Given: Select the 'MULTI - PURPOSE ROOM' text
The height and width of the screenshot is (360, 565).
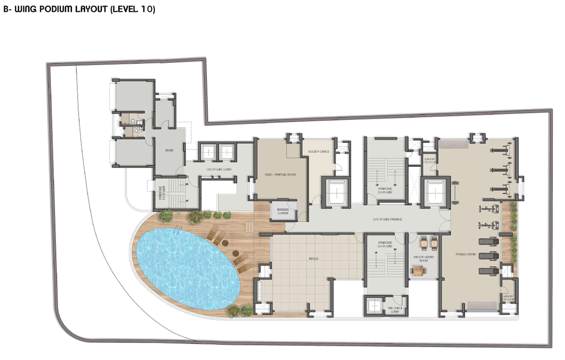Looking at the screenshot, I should tap(280, 175).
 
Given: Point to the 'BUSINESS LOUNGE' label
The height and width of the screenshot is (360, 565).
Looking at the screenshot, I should tap(283, 212).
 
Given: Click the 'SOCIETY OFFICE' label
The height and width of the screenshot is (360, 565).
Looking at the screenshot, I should tap(318, 152).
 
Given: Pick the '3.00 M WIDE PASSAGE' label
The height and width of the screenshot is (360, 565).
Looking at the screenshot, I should tap(387, 220).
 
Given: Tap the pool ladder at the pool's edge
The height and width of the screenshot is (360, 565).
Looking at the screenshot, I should tap(178, 231).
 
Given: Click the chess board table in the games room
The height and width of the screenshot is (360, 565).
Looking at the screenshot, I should tap(419, 270).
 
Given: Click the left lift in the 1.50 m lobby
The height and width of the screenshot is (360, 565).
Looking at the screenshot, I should tap(208, 152).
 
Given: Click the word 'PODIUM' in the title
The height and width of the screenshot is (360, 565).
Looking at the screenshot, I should tap(54, 9).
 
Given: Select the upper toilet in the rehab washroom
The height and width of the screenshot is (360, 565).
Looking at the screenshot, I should tap(135, 121).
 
